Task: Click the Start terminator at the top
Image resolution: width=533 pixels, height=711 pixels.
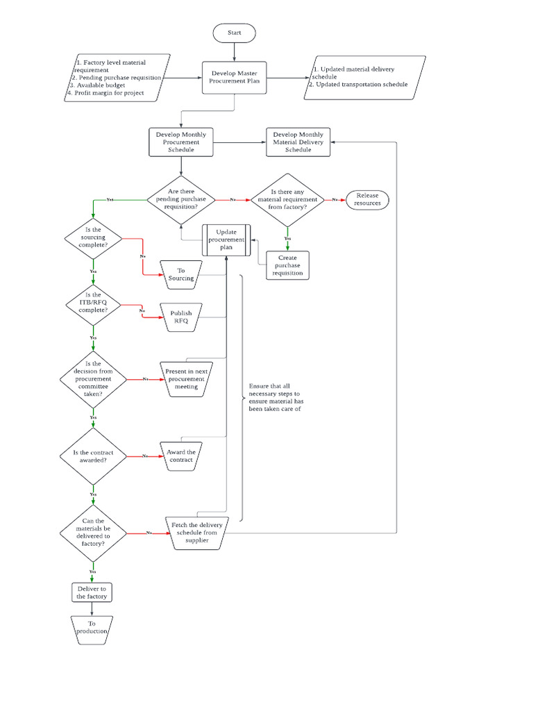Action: pyautogui.click(x=235, y=33)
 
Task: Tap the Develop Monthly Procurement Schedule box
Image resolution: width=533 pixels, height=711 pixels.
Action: pyautogui.click(x=180, y=142)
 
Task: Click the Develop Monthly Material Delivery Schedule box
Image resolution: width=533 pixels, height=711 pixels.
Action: pyautogui.click(x=298, y=142)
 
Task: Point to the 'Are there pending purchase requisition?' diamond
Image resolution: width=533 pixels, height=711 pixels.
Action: pyautogui.click(x=180, y=199)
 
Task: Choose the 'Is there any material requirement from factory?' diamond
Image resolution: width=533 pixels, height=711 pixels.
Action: pyautogui.click(x=287, y=199)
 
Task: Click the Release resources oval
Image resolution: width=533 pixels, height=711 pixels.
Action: pyautogui.click(x=367, y=199)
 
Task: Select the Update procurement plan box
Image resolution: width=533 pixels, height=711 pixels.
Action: pyautogui.click(x=226, y=240)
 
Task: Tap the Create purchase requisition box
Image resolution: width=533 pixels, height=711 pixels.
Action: pyautogui.click(x=287, y=265)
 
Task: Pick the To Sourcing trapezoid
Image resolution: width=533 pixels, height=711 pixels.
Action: pyautogui.click(x=180, y=274)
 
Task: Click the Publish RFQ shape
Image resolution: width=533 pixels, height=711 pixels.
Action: pyautogui.click(x=180, y=317)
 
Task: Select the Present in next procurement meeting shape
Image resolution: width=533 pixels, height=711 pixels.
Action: pyautogui.click(x=185, y=379)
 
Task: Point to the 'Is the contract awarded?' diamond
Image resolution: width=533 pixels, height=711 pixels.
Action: pyautogui.click(x=94, y=456)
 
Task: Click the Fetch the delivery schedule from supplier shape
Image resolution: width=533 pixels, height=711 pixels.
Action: pyautogui.click(x=197, y=533)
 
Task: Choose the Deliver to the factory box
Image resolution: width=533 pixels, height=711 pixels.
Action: pyautogui.click(x=92, y=592)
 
